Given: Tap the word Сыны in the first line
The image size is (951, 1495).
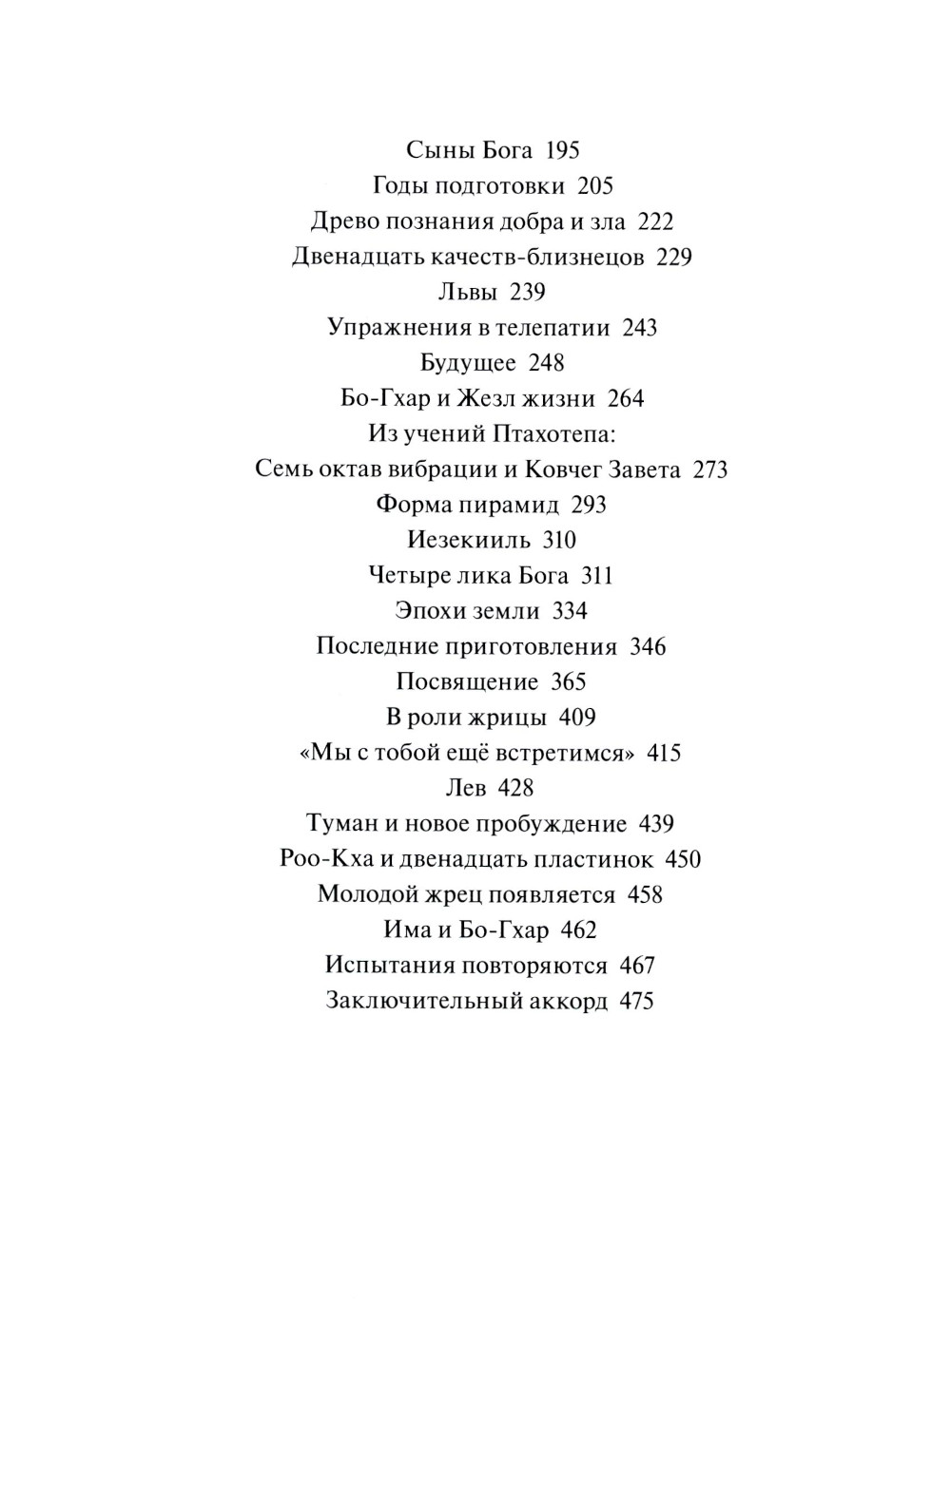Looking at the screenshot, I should point(434,150).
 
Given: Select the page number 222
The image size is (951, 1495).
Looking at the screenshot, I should point(655,221).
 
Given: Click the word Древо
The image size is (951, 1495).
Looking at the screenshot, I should point(345,221).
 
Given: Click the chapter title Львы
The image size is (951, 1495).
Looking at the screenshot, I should point(468,292).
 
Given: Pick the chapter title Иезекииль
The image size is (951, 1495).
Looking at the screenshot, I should point(469,541).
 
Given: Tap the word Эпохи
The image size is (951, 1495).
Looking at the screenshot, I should point(426,611).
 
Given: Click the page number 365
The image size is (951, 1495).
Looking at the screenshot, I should point(569,682).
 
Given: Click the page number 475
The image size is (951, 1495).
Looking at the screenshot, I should point(636,1001).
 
